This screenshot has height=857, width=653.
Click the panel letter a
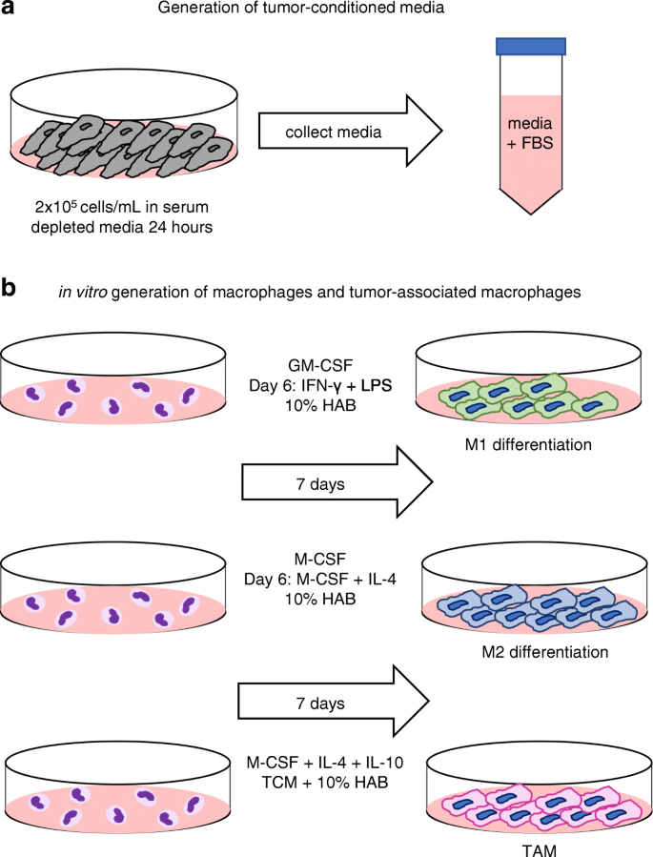click(x=11, y=11)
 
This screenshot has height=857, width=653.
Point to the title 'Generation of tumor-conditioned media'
click(x=329, y=12)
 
